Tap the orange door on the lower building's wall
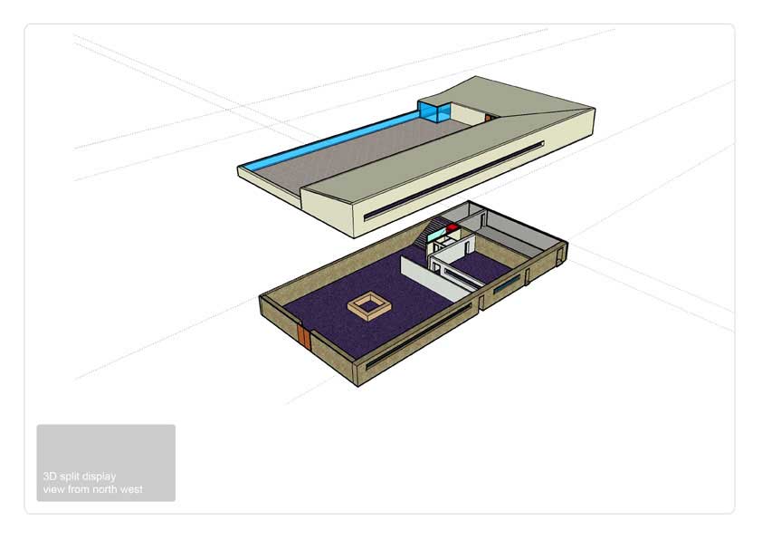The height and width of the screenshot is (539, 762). tap(304, 336)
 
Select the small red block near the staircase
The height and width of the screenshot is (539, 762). tap(452, 226)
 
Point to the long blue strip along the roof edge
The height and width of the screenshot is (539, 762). tap(330, 141)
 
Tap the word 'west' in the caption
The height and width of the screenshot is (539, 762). tap(133, 489)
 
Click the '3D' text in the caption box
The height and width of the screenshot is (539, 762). tap(50, 476)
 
